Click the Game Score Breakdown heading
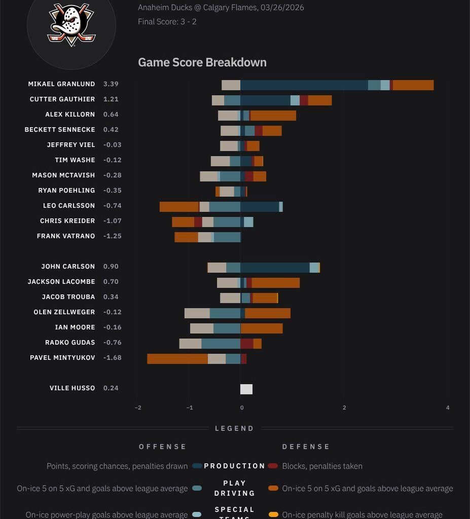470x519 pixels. (202, 62)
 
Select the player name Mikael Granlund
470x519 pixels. (61, 84)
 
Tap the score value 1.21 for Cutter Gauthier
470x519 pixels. (111, 99)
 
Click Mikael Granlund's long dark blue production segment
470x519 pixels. (304, 85)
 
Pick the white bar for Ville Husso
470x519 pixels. (246, 389)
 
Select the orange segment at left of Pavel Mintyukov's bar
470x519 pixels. (177, 359)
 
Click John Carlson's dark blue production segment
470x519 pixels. (275, 268)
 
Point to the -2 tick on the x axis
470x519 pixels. (138, 407)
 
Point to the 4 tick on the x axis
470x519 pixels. (447, 407)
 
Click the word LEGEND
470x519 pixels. (234, 428)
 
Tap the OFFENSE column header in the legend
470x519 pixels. (163, 447)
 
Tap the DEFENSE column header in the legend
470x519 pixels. (306, 447)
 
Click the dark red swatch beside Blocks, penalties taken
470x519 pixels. (273, 466)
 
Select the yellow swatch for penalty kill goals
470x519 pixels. (273, 514)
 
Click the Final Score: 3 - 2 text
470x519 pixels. (167, 22)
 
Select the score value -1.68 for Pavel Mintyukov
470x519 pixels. (112, 358)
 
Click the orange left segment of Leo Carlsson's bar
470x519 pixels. (179, 207)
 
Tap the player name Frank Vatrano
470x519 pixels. (66, 236)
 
